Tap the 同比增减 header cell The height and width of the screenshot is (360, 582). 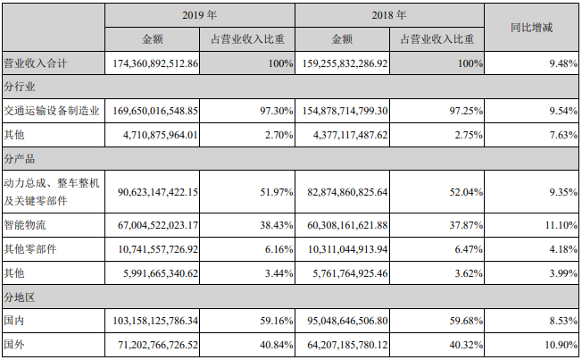(x=531, y=28)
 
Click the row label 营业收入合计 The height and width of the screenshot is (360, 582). (x=37, y=64)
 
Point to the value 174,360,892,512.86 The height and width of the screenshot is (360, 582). (x=156, y=64)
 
